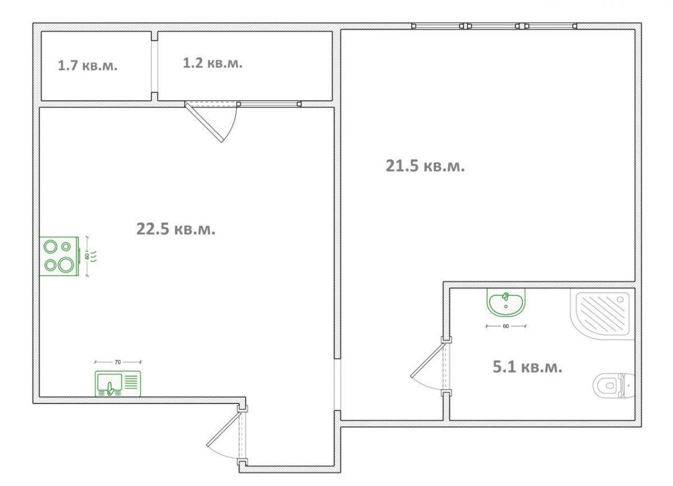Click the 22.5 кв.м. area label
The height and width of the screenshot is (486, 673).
click(x=176, y=229)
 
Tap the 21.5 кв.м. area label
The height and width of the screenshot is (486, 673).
click(x=425, y=166)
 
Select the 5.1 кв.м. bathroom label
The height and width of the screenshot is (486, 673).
click(x=528, y=367)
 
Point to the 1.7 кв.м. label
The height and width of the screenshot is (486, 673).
click(x=87, y=66)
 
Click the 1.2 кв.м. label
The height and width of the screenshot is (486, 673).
click(x=213, y=63)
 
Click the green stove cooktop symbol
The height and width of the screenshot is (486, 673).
click(x=59, y=256)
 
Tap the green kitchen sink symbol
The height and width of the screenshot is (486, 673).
click(x=118, y=383)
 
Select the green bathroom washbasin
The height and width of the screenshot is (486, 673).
click(x=506, y=302)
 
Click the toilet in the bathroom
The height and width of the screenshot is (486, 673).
click(x=614, y=386)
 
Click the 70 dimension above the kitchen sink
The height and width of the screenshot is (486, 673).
click(x=118, y=362)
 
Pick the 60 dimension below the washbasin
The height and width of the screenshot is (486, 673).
click(x=506, y=326)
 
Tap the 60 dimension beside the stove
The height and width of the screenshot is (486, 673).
click(x=87, y=256)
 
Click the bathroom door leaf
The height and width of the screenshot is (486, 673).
click(x=427, y=361)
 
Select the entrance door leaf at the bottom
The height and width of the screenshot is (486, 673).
click(x=224, y=429)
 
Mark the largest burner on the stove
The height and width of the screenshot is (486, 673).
click(x=66, y=265)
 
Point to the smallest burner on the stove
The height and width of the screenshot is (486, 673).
click(x=66, y=247)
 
